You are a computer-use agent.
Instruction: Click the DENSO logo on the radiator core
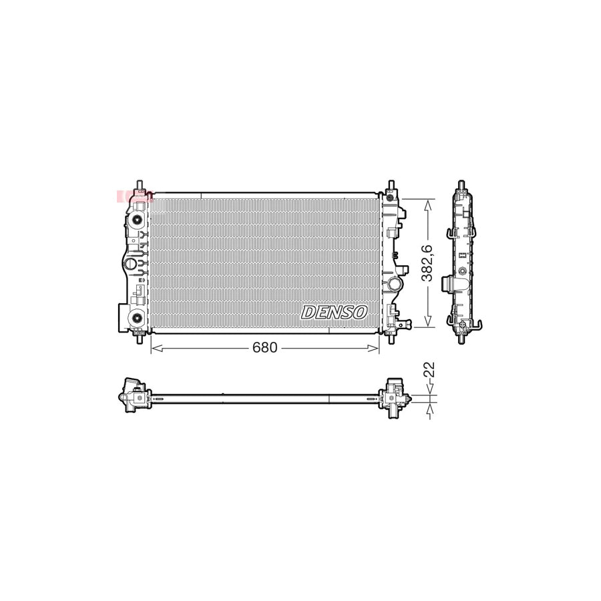click(x=334, y=312)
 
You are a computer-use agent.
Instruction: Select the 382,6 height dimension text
click(x=428, y=263)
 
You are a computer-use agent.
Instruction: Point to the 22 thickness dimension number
click(x=429, y=370)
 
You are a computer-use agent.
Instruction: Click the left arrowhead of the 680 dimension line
click(x=154, y=347)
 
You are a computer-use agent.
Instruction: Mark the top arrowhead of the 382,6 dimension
click(x=428, y=201)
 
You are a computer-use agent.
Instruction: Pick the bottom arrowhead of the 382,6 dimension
click(x=428, y=325)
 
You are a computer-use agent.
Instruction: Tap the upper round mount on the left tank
click(x=137, y=220)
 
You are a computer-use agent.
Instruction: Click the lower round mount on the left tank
click(x=137, y=317)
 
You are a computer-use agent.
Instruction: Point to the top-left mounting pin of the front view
click(x=139, y=186)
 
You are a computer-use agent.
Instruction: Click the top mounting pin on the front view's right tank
click(x=390, y=186)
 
